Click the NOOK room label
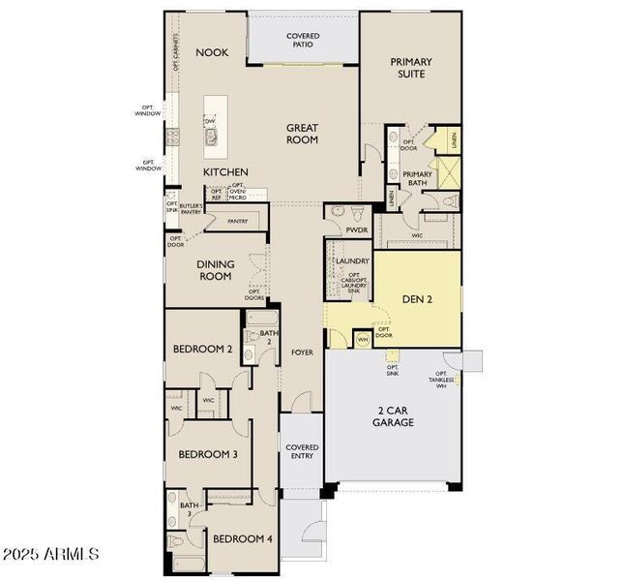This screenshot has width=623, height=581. click(212, 52)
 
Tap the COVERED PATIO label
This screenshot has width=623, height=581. click(303, 41)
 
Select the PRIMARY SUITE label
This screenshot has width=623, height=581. click(411, 67)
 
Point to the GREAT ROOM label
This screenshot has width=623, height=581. click(302, 134)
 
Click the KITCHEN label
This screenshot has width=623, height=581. click(225, 172)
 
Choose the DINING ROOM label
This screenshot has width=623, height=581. click(214, 270)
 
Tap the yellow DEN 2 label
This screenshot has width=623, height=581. click(417, 299)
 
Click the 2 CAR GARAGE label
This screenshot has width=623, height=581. click(394, 417)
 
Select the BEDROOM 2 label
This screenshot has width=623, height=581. click(202, 350)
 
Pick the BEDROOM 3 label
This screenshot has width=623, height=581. click(207, 454)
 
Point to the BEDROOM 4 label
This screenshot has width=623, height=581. click(242, 538)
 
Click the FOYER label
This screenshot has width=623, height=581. click(302, 352)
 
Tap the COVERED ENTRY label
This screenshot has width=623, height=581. click(302, 452)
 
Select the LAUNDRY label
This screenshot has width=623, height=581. click(352, 261)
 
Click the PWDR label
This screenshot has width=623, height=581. click(356, 230)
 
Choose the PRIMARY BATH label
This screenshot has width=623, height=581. click(417, 178)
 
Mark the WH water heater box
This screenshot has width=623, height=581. click(363, 339)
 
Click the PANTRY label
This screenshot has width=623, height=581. click(237, 221)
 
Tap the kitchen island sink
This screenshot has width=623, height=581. click(210, 137)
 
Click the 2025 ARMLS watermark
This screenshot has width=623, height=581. click(50, 555)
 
